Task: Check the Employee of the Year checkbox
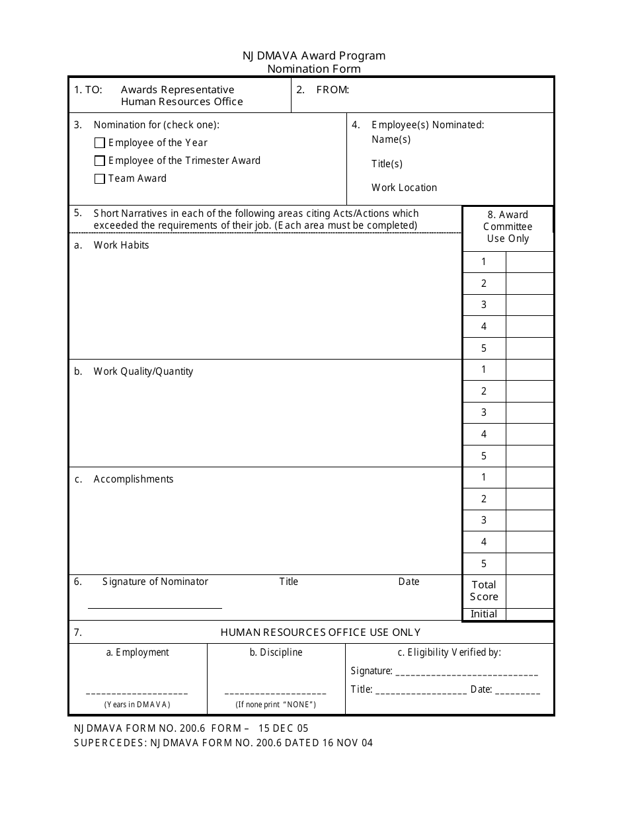click(100, 143)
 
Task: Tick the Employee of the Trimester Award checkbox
click(100, 161)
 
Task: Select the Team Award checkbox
click(100, 178)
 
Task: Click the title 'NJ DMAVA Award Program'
click(313, 56)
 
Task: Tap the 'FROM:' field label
click(333, 90)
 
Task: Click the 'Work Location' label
click(404, 188)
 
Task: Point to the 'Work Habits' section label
click(121, 245)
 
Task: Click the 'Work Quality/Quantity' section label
click(143, 371)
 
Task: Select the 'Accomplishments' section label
click(134, 479)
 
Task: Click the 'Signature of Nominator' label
click(155, 582)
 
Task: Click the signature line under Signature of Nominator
click(155, 607)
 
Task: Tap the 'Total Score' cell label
click(484, 590)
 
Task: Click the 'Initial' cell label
click(484, 614)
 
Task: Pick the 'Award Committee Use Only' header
click(508, 227)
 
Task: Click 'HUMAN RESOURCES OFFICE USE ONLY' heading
click(320, 633)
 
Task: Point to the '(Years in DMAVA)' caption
click(137, 705)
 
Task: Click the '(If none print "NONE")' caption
click(276, 705)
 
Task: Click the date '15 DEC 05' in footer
click(283, 728)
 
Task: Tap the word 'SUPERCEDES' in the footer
click(110, 743)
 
